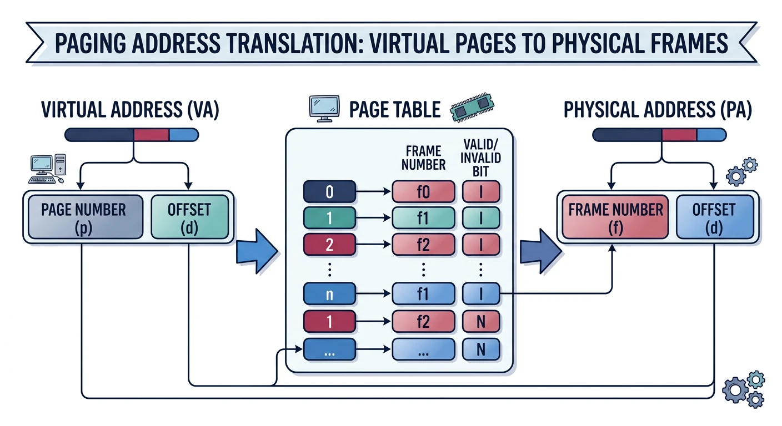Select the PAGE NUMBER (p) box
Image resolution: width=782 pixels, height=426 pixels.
(x=83, y=217)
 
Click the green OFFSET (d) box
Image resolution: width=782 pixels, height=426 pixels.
(x=189, y=217)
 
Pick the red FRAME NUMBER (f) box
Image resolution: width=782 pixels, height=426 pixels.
(x=615, y=217)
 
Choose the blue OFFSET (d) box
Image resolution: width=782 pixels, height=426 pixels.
(x=714, y=217)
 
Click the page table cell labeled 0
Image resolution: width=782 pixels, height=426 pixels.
(x=329, y=192)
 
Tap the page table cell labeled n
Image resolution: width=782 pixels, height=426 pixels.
(x=329, y=295)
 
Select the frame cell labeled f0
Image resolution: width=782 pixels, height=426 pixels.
(x=423, y=192)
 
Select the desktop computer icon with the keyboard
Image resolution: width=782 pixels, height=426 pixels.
(x=47, y=169)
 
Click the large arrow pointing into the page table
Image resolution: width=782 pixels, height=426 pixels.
(x=257, y=247)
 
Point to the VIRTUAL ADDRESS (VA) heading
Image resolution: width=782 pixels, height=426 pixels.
(x=130, y=110)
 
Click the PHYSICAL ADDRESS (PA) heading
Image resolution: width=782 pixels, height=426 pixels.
(x=658, y=110)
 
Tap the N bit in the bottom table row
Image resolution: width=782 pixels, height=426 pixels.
(x=481, y=349)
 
